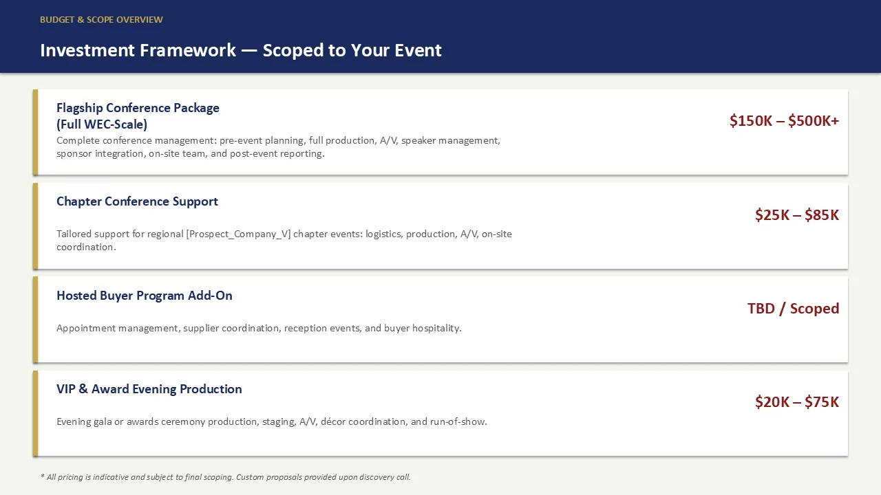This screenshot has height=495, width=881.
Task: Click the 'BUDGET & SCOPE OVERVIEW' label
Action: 101,20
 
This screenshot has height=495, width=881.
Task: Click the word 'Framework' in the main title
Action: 188,50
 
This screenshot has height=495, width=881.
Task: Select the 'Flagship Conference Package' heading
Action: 138,108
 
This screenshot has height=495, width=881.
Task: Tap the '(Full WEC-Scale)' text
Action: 102,124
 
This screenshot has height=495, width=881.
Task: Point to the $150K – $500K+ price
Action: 784,120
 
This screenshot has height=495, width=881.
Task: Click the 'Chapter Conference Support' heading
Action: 137,201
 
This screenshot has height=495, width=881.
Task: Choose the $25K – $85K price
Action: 797,215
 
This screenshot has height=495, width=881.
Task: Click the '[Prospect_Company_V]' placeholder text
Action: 238,234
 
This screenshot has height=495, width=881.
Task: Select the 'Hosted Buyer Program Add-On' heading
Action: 145,296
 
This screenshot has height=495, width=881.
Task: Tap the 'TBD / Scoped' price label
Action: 794,309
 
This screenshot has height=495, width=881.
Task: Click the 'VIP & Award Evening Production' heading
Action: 149,389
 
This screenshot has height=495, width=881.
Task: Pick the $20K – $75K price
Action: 797,402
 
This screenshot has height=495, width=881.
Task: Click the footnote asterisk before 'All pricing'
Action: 42,476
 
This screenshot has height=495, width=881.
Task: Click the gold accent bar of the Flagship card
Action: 35,132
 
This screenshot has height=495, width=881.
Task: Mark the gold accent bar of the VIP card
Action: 35,413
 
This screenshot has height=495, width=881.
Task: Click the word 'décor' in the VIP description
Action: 332,421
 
